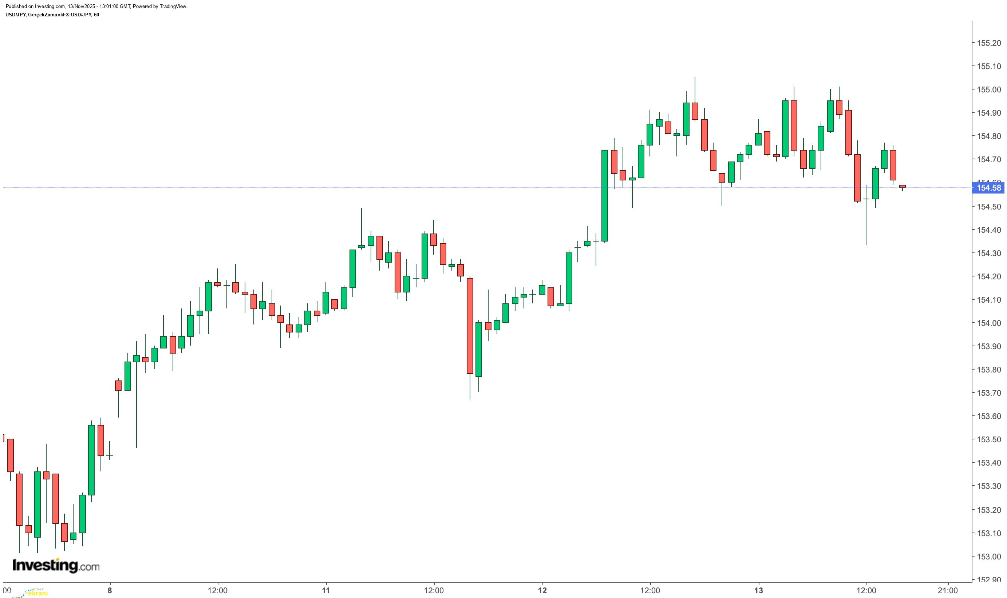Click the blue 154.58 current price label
[988, 188]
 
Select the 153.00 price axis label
[988, 557]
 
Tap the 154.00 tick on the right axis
[988, 323]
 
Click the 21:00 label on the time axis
[947, 591]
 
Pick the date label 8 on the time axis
[110, 591]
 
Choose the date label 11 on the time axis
[326, 591]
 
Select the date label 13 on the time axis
[759, 591]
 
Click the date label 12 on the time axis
[542, 591]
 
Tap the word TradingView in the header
[174, 7]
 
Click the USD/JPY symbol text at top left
[16, 15]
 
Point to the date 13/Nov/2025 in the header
[83, 7]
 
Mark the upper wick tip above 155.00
[695, 78]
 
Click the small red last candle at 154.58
[902, 186]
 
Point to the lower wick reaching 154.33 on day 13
[866, 244]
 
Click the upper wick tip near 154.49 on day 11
[362, 209]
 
